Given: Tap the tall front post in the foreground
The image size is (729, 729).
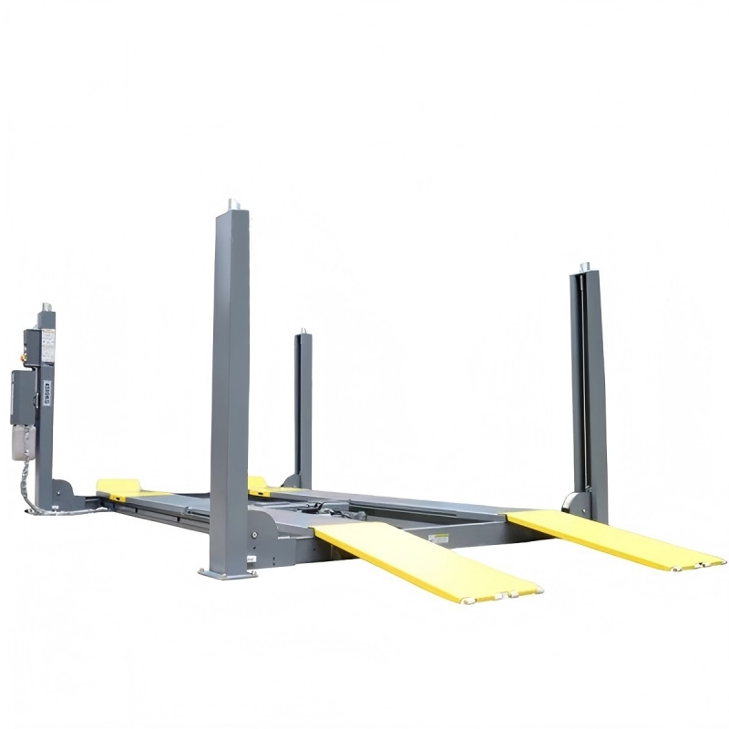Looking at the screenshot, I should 230,364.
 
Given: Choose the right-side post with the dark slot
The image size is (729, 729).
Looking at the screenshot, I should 589,383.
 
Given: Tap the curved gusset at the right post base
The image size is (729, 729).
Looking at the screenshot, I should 574,503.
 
